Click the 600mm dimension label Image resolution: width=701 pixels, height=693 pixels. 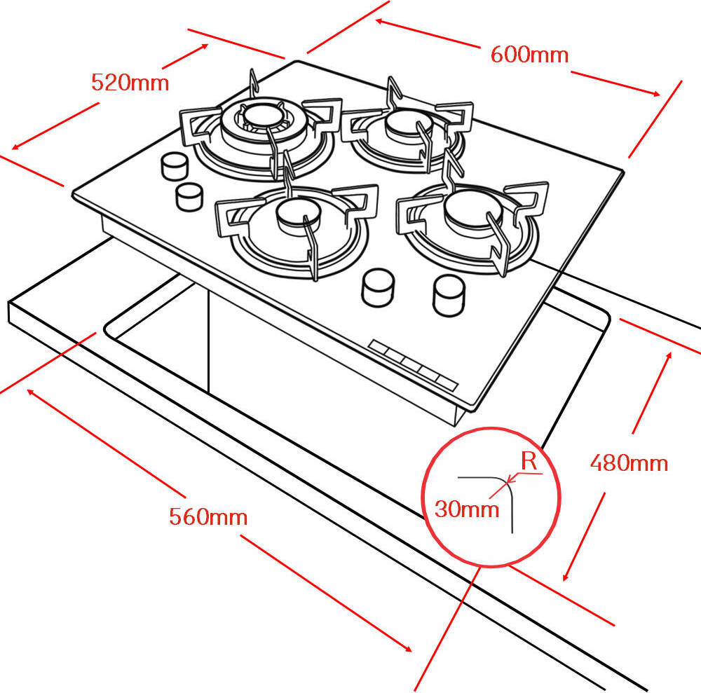(x=529, y=55)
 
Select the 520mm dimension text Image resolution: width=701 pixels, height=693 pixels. (x=130, y=83)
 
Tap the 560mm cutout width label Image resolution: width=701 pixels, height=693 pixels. (x=208, y=517)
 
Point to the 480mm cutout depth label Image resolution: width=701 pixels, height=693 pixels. (x=629, y=462)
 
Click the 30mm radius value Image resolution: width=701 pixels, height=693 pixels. (x=467, y=509)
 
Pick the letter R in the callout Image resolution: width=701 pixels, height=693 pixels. (x=529, y=461)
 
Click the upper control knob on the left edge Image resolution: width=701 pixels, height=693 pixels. (x=174, y=166)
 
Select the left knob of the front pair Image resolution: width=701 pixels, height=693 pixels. (x=378, y=287)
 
